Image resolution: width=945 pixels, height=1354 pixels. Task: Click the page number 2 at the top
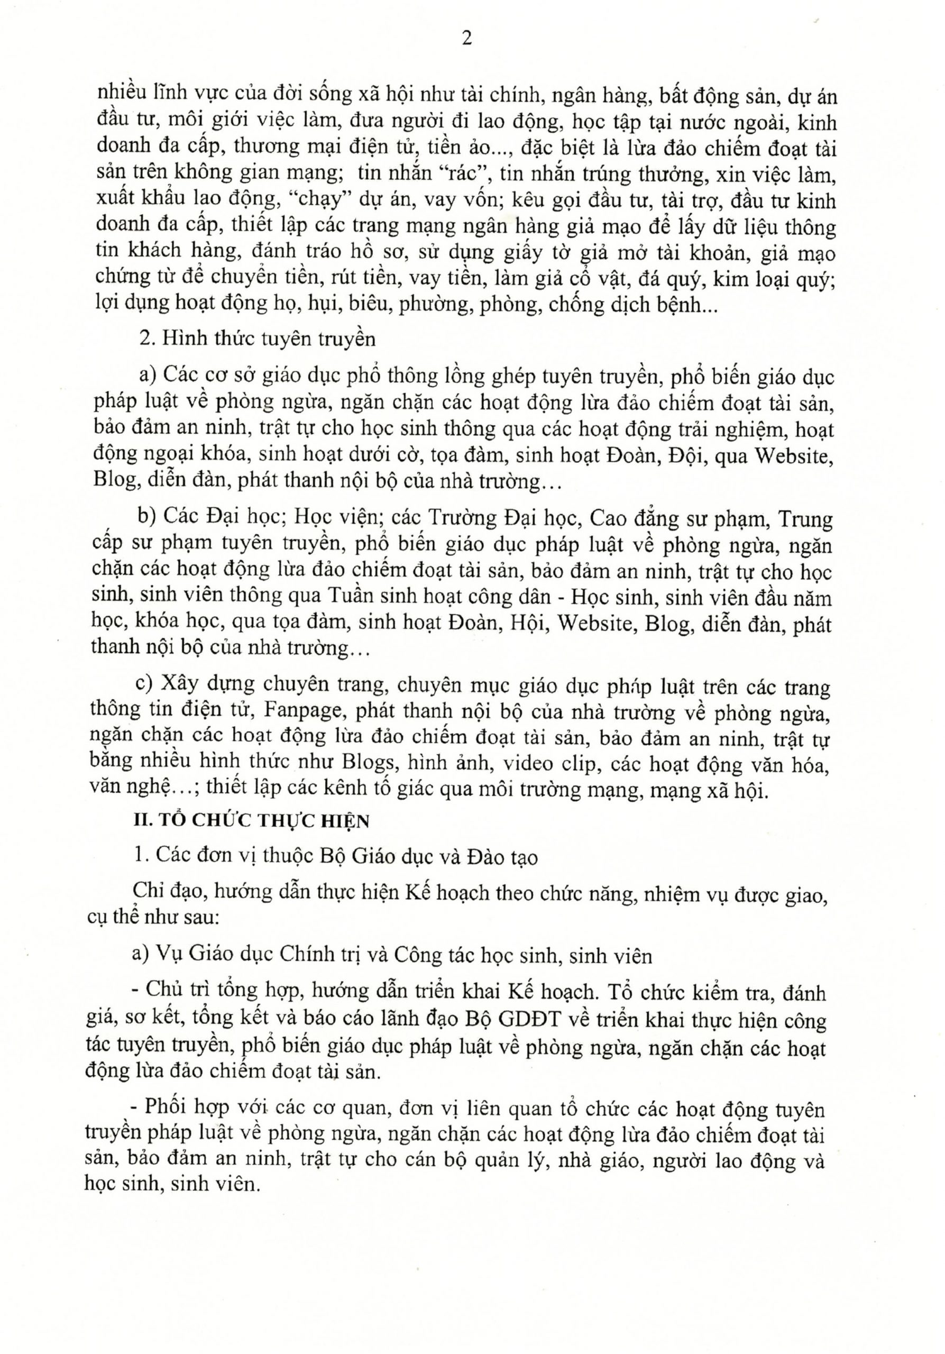pos(467,40)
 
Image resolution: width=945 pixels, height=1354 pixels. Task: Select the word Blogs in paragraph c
pos(369,763)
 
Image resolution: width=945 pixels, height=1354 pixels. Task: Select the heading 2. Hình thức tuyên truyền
pos(257,338)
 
